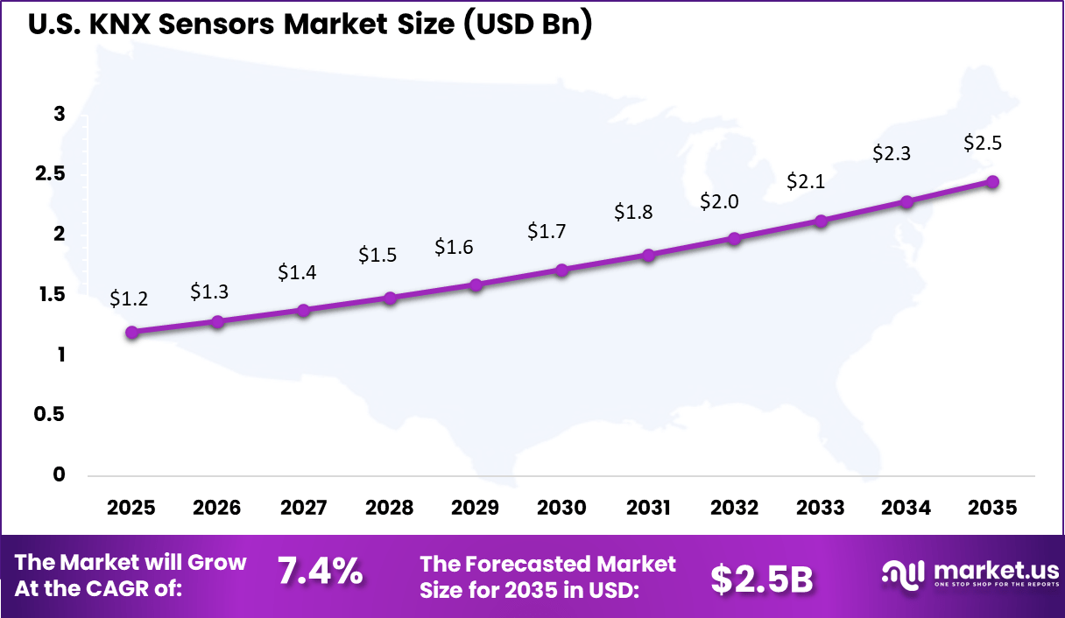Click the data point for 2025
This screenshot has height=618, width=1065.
pos(131,332)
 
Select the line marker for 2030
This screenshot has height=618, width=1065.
pos(561,270)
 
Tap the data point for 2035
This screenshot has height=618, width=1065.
pos(992,181)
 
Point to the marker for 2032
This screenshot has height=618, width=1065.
pos(734,238)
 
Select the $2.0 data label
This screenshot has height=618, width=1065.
pos(719,201)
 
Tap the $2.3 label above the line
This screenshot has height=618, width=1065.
pos(892,153)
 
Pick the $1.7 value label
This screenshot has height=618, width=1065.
pos(547,232)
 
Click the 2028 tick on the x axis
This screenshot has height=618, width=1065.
pos(389,508)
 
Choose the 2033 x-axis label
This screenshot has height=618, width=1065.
pos(820,508)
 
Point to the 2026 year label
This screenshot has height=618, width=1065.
pos(216,508)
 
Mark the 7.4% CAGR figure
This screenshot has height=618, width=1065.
pos(320,573)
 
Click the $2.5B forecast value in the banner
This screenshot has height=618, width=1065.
pos(761,578)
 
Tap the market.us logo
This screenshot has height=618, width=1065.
pos(969,573)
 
